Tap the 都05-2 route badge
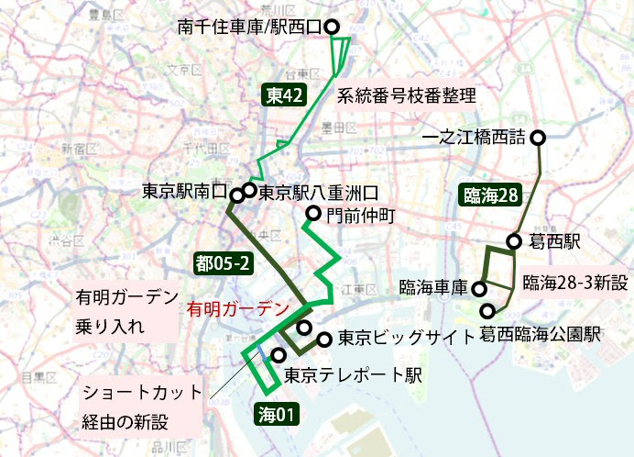click(223, 263)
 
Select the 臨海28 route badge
click(491, 195)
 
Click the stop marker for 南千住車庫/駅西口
click(332, 27)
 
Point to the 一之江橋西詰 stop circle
click(539, 138)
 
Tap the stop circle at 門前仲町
click(312, 216)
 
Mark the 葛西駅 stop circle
click(513, 241)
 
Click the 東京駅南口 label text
click(183, 192)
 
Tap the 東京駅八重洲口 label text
click(319, 193)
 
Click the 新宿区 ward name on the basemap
click(78, 148)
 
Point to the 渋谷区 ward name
click(65, 240)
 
